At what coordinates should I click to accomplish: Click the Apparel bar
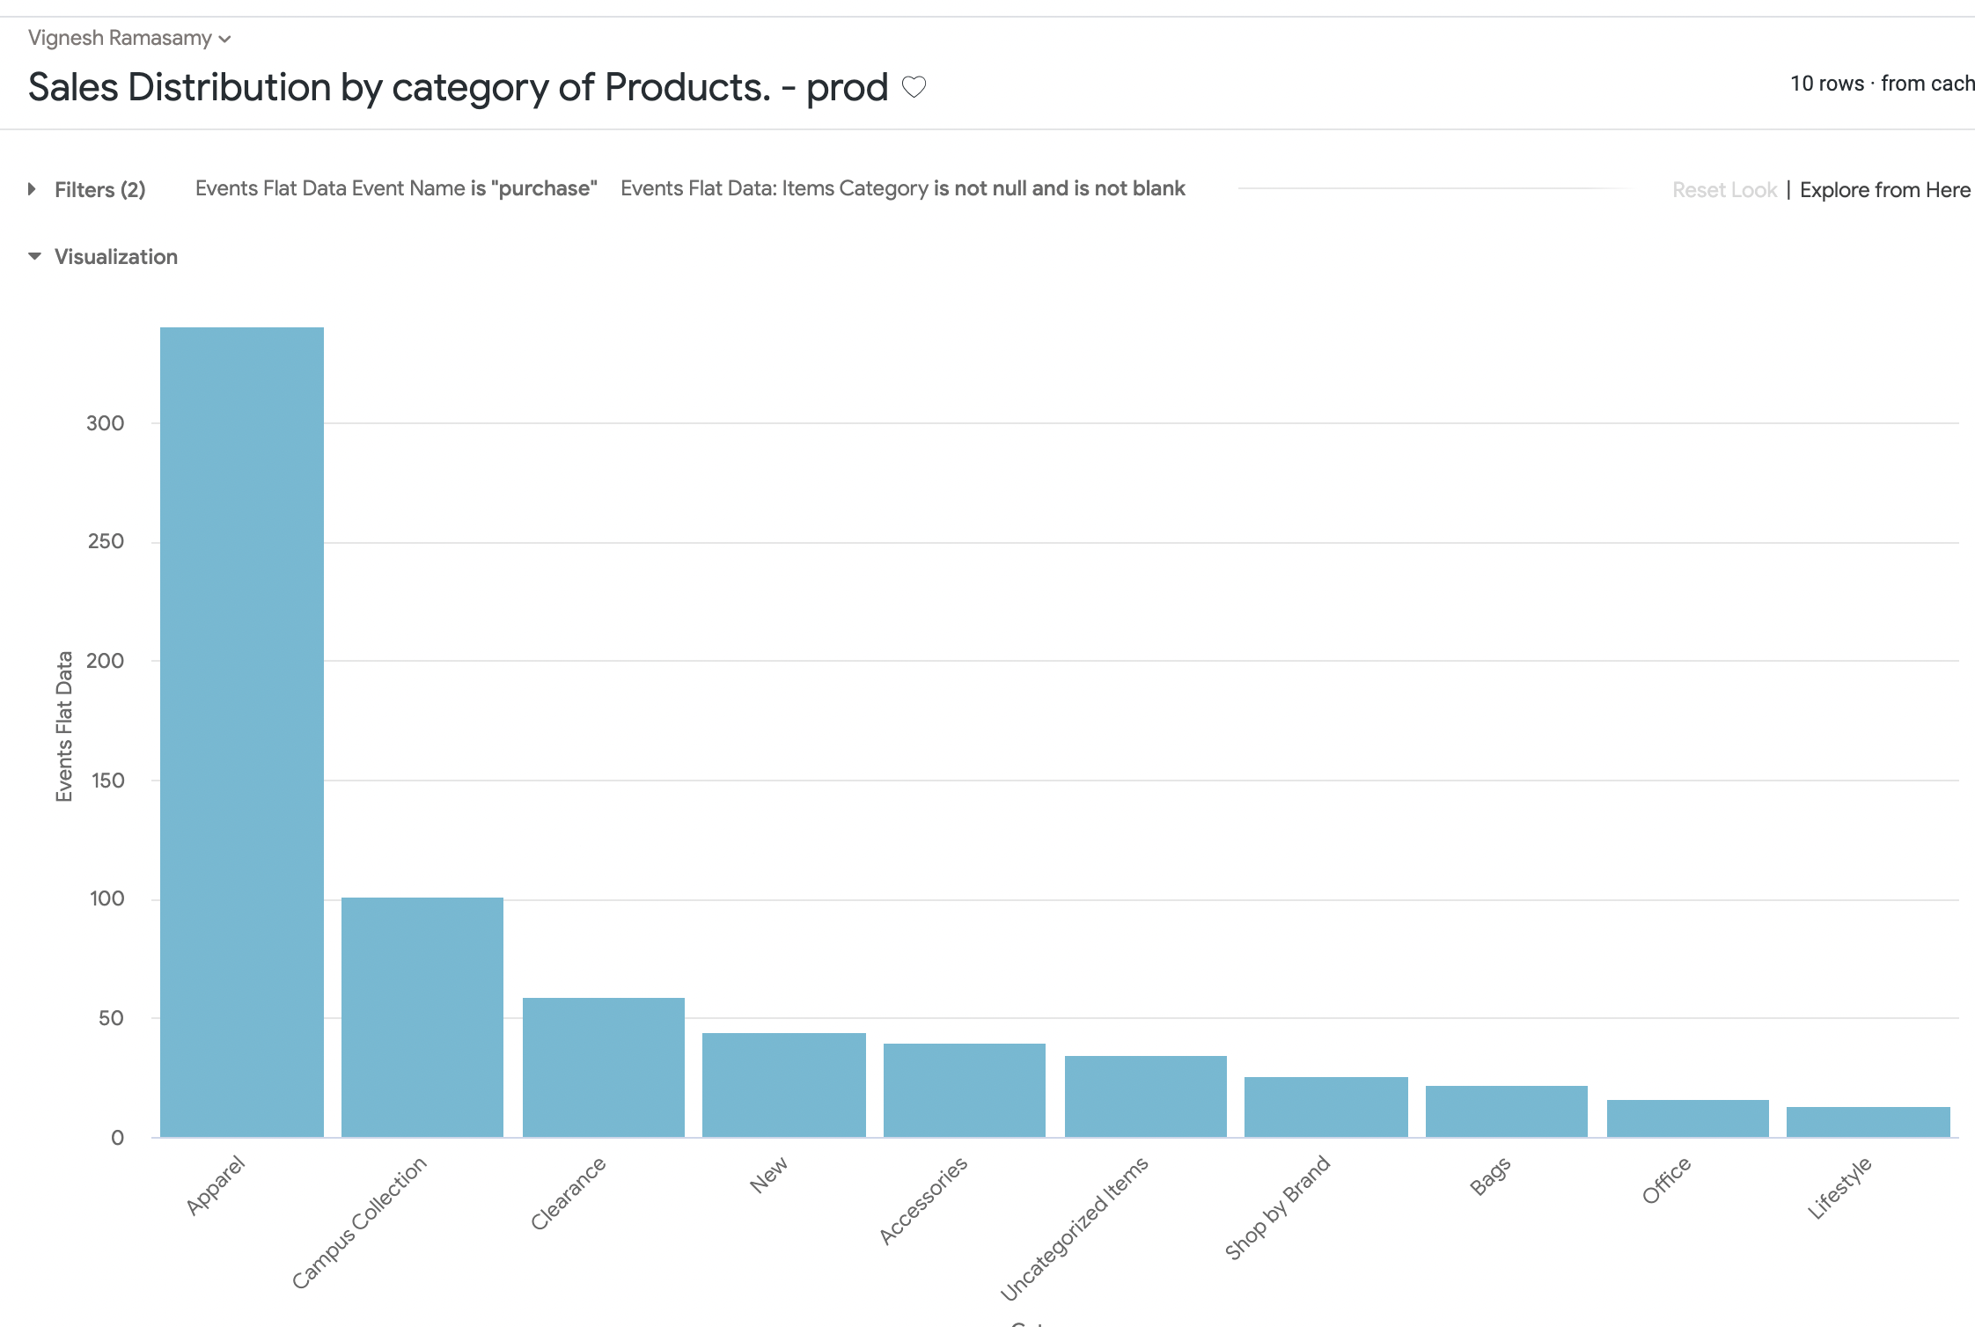point(242,731)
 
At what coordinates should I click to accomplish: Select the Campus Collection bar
point(422,1016)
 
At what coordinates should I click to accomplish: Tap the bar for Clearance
point(604,1067)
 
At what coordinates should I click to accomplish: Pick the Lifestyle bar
point(1868,1122)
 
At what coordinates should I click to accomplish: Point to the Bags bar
point(1506,1111)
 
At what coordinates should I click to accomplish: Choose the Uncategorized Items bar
point(1145,1096)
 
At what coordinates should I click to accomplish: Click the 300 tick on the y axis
point(106,423)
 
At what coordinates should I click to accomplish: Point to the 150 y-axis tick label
point(106,781)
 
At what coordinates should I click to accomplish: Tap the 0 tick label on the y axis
point(117,1138)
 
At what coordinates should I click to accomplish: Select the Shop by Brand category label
point(1277,1207)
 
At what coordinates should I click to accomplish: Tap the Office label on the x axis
point(1666,1181)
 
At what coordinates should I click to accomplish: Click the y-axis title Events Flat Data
point(64,726)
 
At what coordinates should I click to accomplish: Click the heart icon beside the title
point(914,87)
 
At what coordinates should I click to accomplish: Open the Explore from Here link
point(1884,190)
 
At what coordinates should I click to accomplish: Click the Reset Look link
point(1724,190)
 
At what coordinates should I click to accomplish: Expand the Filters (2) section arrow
point(33,189)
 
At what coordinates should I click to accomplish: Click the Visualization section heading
point(115,257)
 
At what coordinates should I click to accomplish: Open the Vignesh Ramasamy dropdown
point(129,38)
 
